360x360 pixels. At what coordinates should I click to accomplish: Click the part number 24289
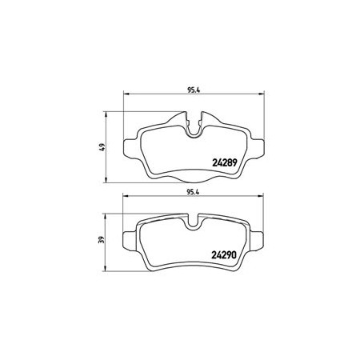(225, 162)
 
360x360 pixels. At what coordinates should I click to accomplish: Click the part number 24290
(224, 255)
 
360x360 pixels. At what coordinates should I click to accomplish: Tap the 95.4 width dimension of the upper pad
(194, 90)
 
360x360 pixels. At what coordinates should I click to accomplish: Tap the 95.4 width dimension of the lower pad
(193, 192)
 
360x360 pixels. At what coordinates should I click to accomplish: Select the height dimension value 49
(102, 147)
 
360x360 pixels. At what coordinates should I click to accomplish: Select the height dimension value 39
(101, 240)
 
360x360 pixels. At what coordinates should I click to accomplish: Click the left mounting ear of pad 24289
(131, 148)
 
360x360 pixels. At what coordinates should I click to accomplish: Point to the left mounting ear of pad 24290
(130, 241)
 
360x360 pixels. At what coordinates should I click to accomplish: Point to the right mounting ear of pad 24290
(257, 241)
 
